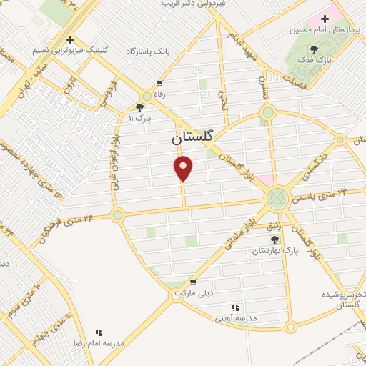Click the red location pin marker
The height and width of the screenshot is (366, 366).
pyautogui.click(x=184, y=168)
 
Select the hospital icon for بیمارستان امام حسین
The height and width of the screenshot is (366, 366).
pyautogui.click(x=326, y=19)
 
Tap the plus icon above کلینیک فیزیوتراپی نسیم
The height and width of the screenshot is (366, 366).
pyautogui.click(x=69, y=40)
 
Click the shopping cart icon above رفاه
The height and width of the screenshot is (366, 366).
pyautogui.click(x=159, y=83)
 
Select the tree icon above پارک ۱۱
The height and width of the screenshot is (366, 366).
pyautogui.click(x=139, y=107)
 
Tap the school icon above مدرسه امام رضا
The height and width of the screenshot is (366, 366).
pyautogui.click(x=99, y=332)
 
